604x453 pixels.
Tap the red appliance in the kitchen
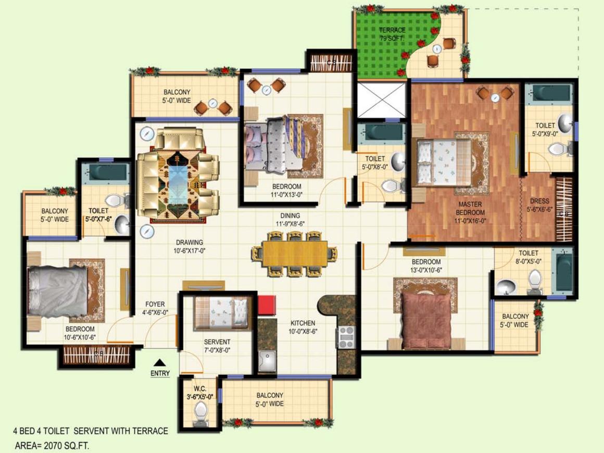pos(266,305)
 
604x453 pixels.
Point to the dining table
pos(295,254)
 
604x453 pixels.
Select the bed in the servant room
pos(221,313)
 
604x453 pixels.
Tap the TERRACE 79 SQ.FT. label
pos(392,34)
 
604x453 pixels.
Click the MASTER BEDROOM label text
pos(470,208)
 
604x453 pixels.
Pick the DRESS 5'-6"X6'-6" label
pos(539,205)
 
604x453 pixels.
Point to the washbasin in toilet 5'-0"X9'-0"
pos(565,124)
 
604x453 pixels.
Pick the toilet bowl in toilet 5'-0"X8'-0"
pos(391,186)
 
